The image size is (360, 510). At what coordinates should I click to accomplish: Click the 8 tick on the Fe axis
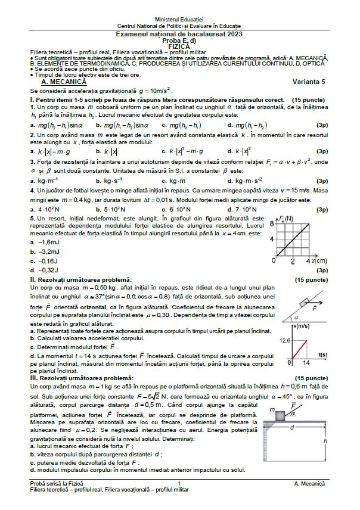[x=272, y=223]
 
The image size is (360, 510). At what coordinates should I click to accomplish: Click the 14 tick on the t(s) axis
[x=306, y=362]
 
